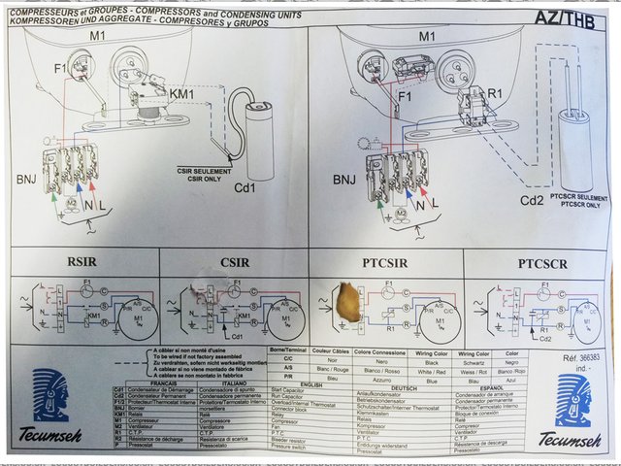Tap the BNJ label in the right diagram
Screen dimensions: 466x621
pyautogui.click(x=345, y=180)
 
